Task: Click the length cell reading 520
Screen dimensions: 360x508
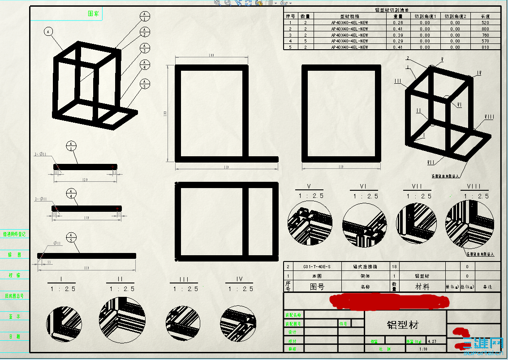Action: tap(485, 22)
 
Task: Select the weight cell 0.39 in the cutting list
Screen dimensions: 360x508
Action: tap(397, 35)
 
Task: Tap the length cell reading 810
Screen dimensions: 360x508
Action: tap(485, 47)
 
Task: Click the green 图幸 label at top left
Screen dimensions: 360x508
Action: tap(94, 13)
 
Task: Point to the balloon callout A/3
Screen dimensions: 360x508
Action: tap(145, 47)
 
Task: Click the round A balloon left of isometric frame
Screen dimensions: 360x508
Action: tap(49, 31)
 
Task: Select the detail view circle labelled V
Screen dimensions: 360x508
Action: tap(310, 223)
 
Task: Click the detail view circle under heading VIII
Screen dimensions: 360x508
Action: tap(469, 223)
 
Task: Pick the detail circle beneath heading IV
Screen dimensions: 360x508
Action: tap(237, 322)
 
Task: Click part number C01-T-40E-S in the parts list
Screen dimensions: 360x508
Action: tap(317, 266)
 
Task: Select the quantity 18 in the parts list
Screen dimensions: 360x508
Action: tap(395, 266)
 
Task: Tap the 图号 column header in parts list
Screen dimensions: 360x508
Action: tap(317, 287)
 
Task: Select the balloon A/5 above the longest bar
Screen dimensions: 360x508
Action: tap(71, 237)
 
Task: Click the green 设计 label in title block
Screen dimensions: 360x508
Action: tap(293, 332)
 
